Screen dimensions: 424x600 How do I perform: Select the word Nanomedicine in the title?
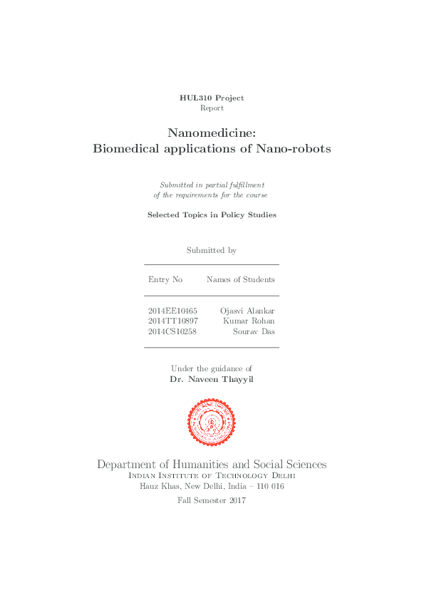[x=211, y=133]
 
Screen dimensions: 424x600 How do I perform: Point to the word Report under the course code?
[x=212, y=108]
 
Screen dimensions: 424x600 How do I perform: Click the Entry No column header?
[x=165, y=279]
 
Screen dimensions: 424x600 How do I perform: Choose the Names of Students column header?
[x=240, y=279]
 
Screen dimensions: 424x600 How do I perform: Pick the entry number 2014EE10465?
[x=172, y=311]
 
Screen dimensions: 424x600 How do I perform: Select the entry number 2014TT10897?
[x=172, y=321]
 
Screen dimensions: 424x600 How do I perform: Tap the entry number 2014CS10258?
[x=172, y=331]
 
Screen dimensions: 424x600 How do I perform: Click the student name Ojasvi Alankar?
[x=247, y=311]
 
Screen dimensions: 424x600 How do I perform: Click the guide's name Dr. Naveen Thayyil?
[x=212, y=380]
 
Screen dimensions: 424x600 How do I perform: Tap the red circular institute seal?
[x=212, y=422]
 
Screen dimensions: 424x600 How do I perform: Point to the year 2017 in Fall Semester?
[x=237, y=501]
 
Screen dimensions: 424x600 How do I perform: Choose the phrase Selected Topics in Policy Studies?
[x=212, y=214]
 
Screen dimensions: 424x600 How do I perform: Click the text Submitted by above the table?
[x=212, y=251]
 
